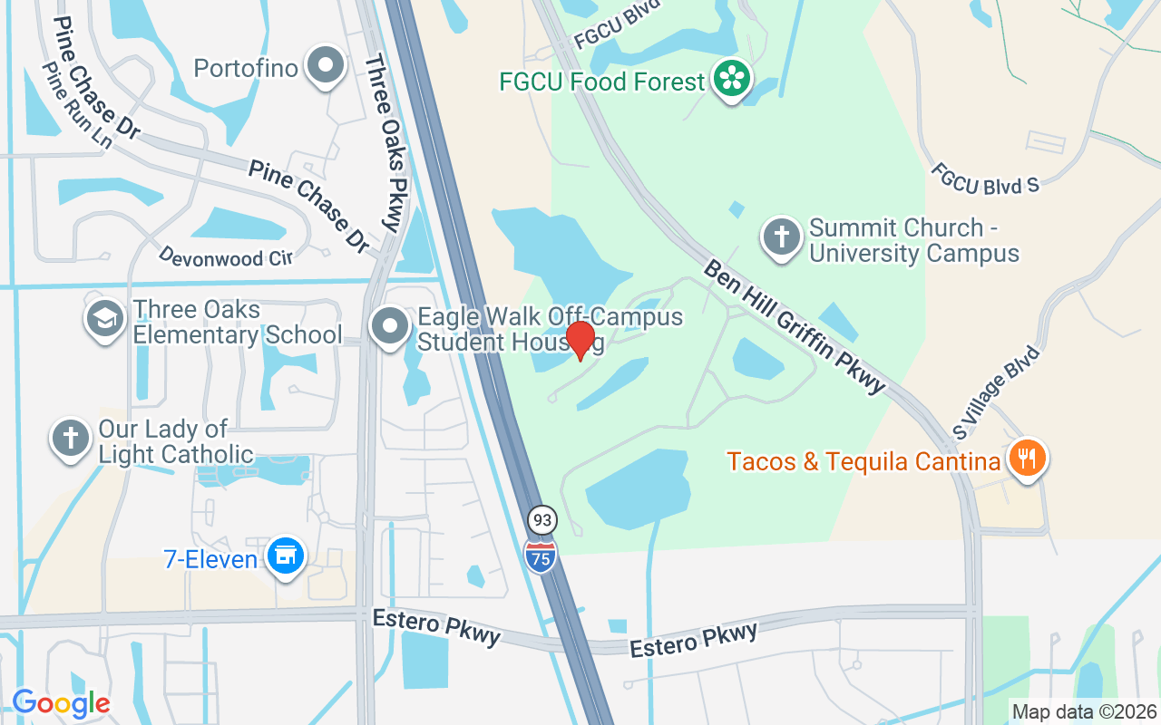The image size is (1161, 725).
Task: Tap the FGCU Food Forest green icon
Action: (x=731, y=78)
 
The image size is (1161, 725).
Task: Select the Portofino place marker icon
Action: (x=324, y=66)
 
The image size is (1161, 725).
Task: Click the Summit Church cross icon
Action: (x=781, y=238)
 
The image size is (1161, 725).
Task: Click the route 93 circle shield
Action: (x=542, y=520)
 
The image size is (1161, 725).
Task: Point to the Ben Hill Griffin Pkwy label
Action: (x=794, y=327)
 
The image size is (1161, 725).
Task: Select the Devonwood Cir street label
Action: (x=225, y=257)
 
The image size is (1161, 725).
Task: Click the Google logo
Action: (x=61, y=702)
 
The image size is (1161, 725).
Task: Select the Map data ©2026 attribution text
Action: (x=1084, y=711)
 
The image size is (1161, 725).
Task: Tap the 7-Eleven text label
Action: (x=210, y=559)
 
